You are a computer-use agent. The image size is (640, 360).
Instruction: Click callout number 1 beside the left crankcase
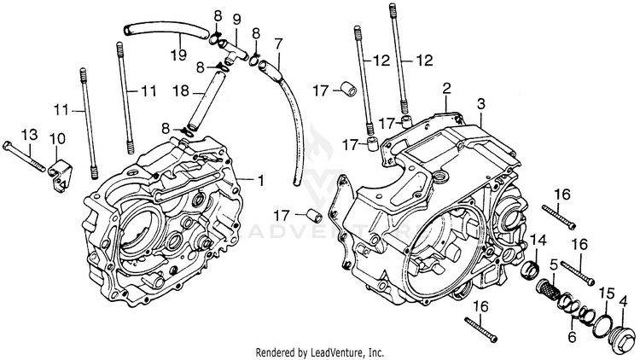(261, 180)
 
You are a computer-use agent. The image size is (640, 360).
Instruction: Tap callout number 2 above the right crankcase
(445, 89)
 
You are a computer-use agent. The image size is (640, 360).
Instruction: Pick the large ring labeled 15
(602, 323)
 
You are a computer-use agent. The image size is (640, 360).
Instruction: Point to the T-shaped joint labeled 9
(233, 55)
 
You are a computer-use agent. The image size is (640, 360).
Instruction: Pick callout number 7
(277, 43)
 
